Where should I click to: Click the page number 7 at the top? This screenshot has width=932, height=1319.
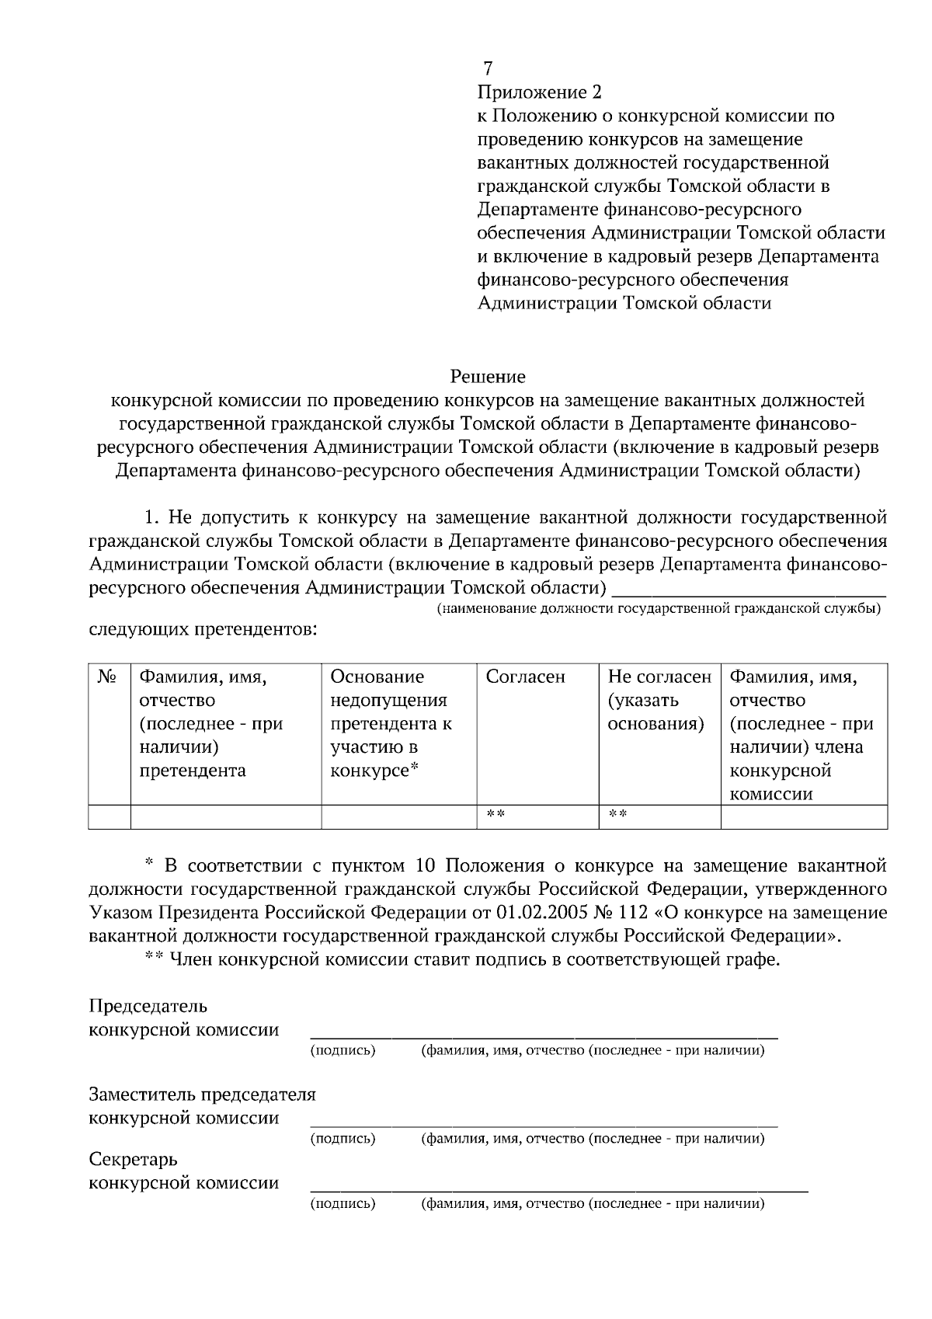(487, 68)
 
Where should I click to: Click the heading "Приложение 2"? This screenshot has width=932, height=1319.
(539, 93)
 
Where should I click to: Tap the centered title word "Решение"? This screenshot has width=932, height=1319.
(488, 377)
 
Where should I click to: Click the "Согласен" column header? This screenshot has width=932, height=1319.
(526, 677)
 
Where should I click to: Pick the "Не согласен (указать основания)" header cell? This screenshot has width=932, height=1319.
(659, 701)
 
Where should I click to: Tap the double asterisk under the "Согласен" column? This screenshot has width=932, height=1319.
(496, 815)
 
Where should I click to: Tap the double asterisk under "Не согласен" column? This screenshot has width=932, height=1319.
(617, 815)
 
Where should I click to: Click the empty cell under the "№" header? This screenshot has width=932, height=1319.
(109, 817)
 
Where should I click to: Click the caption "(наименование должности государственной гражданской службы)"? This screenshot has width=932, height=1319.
(658, 608)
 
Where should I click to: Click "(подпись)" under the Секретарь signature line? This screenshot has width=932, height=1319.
(343, 1204)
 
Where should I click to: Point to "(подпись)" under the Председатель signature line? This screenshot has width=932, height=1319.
(343, 1051)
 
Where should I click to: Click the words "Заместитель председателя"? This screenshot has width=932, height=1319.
(203, 1095)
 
